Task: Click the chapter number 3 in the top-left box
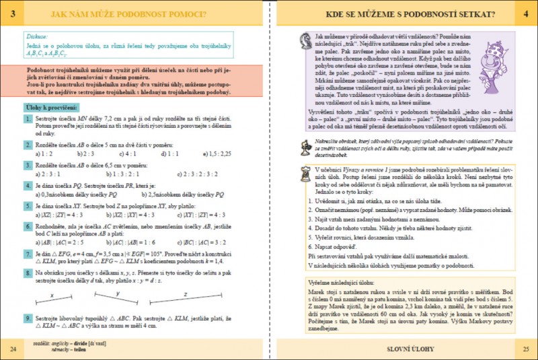[x=14, y=13]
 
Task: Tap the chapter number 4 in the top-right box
[x=525, y=13]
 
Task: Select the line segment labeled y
[x=117, y=296]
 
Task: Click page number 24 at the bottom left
[x=13, y=348]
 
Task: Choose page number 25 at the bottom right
[x=525, y=348]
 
